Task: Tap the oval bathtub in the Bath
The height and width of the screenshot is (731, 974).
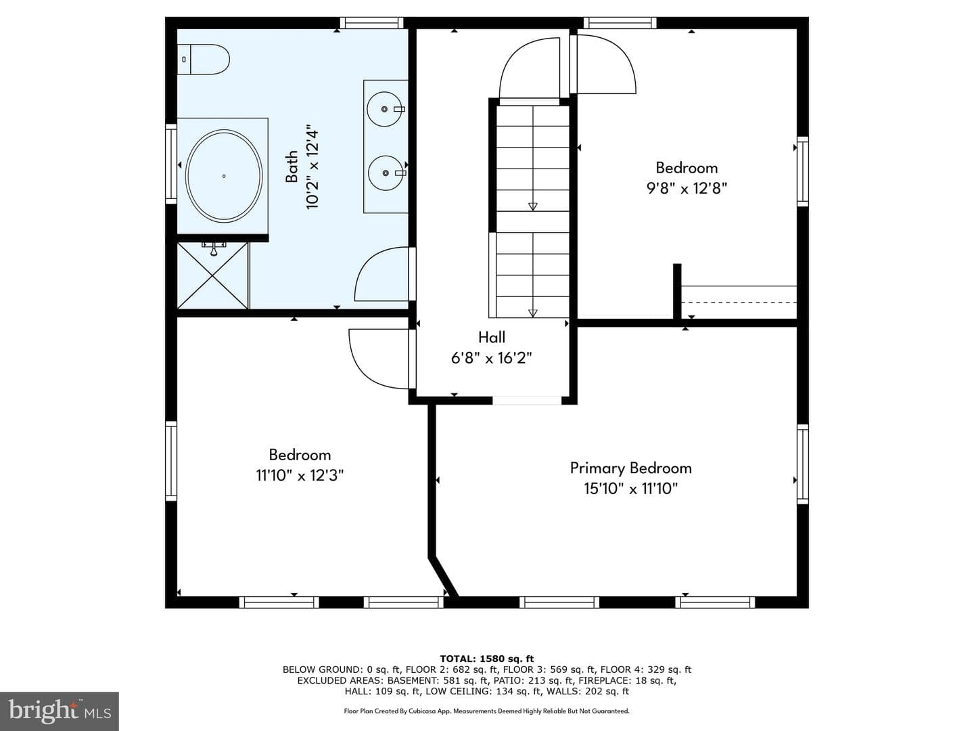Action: coord(224,176)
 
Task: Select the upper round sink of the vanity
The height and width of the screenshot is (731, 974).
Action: coord(385,109)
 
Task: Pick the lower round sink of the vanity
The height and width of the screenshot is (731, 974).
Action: coord(386,173)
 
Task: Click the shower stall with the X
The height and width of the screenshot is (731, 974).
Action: coord(213,275)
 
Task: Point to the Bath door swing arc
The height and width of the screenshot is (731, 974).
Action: coord(364,266)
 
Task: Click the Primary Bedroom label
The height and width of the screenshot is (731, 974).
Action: coord(630,468)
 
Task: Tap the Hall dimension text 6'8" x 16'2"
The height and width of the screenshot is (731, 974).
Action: coord(491,358)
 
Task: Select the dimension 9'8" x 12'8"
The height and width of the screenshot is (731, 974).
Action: coord(687,189)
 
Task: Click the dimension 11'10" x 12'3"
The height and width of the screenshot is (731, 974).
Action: coord(300,476)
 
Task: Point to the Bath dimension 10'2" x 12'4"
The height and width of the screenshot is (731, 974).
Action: coord(312,169)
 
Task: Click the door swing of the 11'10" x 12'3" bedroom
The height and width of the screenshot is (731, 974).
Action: coord(359,368)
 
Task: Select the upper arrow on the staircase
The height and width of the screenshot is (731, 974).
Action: coord(532,206)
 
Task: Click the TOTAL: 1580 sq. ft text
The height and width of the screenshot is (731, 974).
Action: coord(487,659)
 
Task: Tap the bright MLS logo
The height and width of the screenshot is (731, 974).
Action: coord(60,711)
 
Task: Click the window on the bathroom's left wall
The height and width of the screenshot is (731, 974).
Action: coord(171,164)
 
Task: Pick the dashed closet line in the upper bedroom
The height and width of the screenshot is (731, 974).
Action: coord(739,303)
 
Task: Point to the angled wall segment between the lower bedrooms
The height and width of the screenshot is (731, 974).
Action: coord(444,577)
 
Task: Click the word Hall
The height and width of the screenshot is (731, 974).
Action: coord(492,337)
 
